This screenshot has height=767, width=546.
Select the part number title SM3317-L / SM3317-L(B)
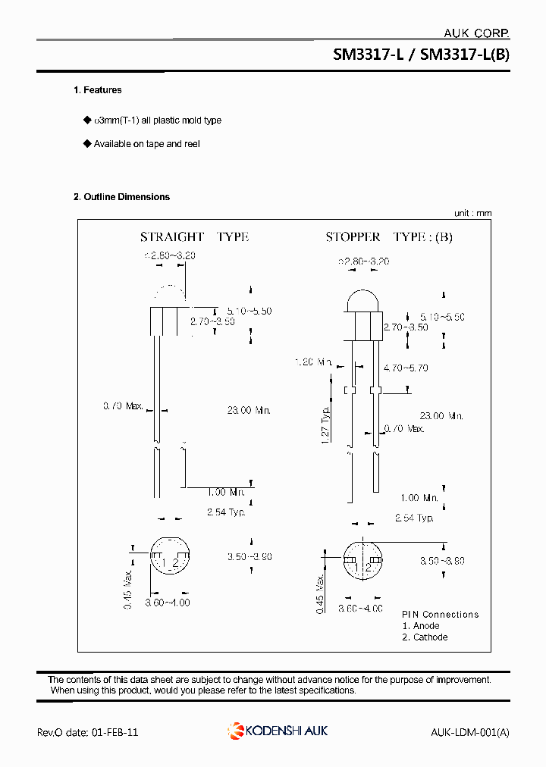click(421, 55)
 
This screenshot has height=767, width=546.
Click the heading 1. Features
click(97, 90)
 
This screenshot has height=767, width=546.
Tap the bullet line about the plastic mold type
click(157, 121)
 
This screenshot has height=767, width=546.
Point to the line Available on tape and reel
click(146, 144)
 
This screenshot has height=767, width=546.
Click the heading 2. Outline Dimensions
click(121, 197)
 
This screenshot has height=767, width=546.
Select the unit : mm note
click(472, 213)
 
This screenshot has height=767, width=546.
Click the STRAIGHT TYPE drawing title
click(194, 237)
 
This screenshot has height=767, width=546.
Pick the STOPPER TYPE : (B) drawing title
click(389, 237)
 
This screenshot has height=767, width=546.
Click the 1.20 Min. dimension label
click(313, 362)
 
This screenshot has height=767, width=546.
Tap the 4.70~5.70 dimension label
click(406, 368)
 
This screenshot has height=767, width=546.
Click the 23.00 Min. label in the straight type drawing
click(249, 410)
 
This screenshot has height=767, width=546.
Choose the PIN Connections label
click(440, 615)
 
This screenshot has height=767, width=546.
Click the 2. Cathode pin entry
click(425, 637)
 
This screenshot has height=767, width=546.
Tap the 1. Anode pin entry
click(421, 626)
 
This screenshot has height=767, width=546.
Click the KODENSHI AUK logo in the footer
click(278, 731)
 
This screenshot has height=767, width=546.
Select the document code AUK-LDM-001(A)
click(469, 732)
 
